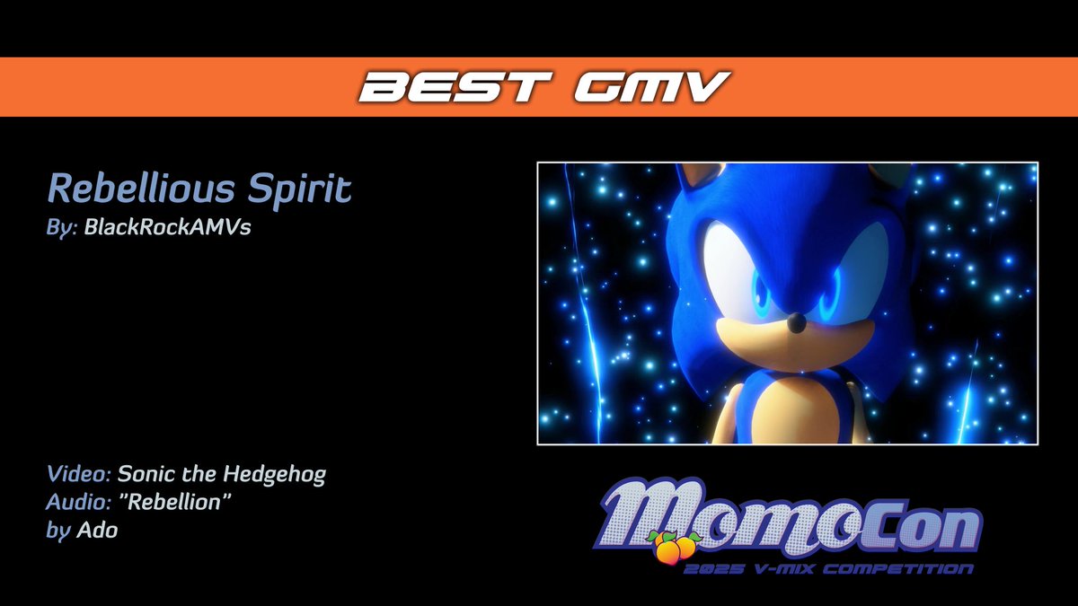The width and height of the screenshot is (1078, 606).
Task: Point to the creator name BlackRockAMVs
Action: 167,227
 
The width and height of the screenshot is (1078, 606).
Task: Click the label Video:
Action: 78,474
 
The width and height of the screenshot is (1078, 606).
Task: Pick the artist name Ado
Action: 98,531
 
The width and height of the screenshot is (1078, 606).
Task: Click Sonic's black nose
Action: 794,321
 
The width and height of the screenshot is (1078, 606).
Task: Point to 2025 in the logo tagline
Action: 706,569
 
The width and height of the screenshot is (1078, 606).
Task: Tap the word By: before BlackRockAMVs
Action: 62,227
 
